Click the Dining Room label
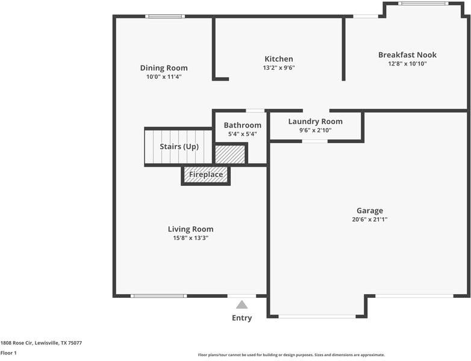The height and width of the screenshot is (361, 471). tap(164, 68)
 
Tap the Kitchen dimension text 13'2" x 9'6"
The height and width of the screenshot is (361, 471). tap(279, 68)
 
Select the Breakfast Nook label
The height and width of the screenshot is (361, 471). tap(407, 55)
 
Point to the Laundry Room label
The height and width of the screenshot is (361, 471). tap(315, 122)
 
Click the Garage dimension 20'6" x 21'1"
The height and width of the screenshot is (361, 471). tap(370, 220)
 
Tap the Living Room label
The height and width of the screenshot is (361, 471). tap(190, 229)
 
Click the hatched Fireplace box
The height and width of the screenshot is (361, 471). tap(206, 175)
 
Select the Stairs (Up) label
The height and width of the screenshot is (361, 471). tap(179, 147)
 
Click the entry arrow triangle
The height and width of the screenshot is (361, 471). tap(242, 305)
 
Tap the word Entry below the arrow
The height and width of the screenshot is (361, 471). tap(242, 318)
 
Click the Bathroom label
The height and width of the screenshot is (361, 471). tap(242, 125)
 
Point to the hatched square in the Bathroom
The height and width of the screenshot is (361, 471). tap(230, 154)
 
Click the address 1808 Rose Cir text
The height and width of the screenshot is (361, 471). tap(41, 343)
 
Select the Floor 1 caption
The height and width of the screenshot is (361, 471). tap(8, 353)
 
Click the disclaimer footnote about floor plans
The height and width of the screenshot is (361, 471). tap(291, 355)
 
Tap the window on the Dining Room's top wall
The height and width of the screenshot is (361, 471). tap(165, 16)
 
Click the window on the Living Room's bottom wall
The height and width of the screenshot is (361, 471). tap(159, 295)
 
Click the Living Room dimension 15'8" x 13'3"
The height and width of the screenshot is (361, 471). tap(190, 238)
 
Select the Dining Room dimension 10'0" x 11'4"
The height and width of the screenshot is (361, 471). tap(164, 77)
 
